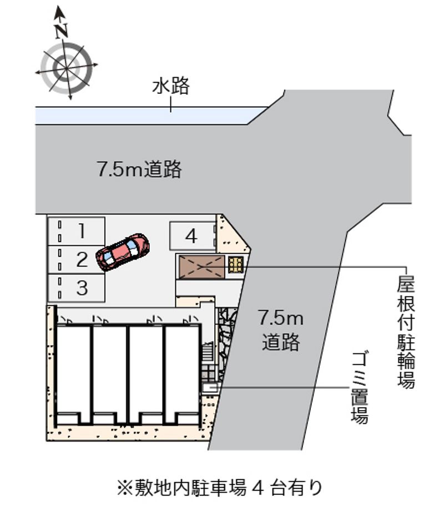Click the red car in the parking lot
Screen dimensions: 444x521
[x=123, y=252]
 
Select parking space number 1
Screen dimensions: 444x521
[x=77, y=231]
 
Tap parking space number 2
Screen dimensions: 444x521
[x=77, y=259]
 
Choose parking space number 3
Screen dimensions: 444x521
[x=77, y=288]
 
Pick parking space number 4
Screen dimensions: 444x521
[x=193, y=236]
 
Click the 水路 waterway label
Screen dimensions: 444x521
[x=171, y=86]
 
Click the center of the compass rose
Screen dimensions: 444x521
[x=67, y=68]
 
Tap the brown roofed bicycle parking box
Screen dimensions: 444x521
[x=201, y=267]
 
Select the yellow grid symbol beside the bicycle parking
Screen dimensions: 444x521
[x=236, y=265]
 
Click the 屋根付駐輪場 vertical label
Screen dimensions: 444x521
[x=406, y=332]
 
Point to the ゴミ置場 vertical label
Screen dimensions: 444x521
[x=360, y=388]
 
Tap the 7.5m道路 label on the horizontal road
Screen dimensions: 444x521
[x=139, y=169]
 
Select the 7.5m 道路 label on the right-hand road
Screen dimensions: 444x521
[x=281, y=330]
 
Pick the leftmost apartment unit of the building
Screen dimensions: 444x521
[x=73, y=374]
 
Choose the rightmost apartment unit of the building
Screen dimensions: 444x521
[x=182, y=374]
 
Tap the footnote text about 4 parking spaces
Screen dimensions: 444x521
[x=220, y=488]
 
